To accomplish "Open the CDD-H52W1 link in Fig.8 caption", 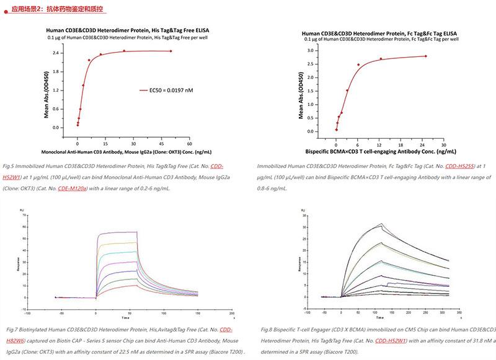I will click(x=391, y=340).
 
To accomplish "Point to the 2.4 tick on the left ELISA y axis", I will click(x=56, y=53).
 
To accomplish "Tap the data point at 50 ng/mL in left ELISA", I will click(x=171, y=51).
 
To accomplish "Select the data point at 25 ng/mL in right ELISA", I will click(x=425, y=56).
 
